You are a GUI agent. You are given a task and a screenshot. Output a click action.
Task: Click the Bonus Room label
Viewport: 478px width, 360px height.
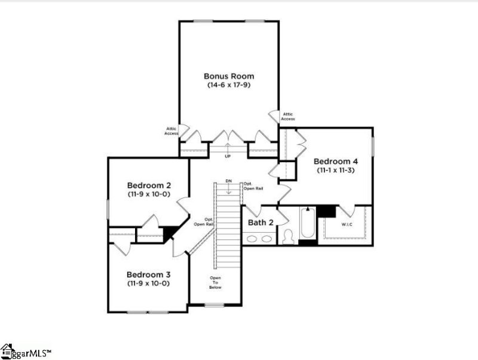coord(229,76)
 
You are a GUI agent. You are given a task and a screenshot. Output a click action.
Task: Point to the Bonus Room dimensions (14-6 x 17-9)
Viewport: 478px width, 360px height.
coord(229,86)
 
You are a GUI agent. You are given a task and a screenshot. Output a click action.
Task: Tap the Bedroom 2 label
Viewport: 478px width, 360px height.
coord(149,185)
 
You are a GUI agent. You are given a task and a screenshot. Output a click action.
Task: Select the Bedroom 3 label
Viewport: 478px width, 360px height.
coord(149,274)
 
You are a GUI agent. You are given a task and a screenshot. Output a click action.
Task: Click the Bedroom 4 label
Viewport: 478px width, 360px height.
coord(336,161)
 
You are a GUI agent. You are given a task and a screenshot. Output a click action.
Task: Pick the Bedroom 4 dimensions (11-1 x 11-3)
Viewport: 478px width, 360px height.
coord(336,170)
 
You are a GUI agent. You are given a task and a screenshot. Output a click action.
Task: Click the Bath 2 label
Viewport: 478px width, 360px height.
coord(261,222)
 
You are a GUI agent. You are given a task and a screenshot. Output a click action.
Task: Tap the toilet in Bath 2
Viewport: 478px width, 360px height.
coord(288,237)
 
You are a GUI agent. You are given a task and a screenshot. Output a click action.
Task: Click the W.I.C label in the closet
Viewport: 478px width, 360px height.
coord(347,225)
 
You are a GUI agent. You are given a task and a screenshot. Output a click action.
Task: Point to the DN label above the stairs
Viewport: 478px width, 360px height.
coord(228,181)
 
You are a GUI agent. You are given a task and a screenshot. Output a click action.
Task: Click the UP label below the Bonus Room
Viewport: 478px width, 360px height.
coord(228,157)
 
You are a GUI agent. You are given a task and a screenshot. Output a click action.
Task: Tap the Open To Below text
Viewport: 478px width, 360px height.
coord(215,282)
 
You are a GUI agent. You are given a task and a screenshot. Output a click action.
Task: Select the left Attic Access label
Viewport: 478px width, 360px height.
coord(171,130)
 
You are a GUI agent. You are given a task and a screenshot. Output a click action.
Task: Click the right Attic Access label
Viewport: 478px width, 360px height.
coord(288,116)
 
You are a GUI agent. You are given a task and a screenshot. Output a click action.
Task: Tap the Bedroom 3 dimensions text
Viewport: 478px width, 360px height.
coord(148,283)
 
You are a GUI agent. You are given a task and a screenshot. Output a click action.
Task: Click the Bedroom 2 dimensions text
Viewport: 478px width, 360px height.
coord(148,194)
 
